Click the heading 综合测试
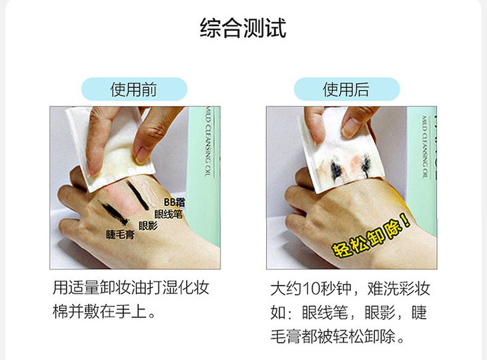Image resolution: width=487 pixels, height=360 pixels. click(x=243, y=28)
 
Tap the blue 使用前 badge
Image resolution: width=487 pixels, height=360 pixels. click(x=134, y=89)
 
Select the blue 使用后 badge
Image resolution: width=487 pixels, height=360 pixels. click(x=347, y=89)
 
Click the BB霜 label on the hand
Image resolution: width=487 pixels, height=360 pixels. click(x=175, y=203)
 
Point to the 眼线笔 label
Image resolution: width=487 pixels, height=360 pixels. click(x=168, y=214)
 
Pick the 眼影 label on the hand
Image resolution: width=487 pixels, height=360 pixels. click(x=148, y=225)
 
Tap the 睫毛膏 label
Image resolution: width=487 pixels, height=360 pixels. click(x=120, y=234)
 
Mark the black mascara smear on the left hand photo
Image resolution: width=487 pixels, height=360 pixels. click(x=113, y=212)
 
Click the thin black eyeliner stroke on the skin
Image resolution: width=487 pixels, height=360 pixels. click(x=137, y=195)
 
